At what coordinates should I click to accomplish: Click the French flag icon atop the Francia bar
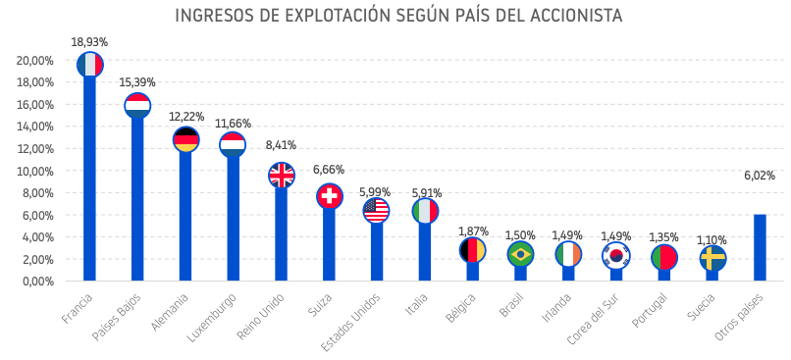pyautogui.click(x=90, y=65)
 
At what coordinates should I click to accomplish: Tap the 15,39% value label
pyautogui.click(x=137, y=82)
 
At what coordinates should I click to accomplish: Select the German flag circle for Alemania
pyautogui.click(x=185, y=139)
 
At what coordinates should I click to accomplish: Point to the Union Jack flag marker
pyautogui.click(x=282, y=176)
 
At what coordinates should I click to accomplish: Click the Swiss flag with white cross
pyautogui.click(x=330, y=196)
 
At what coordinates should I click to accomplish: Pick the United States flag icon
pyautogui.click(x=376, y=210)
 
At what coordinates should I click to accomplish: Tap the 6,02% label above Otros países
pyautogui.click(x=760, y=176)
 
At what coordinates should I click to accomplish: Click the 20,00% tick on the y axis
pyautogui.click(x=34, y=60)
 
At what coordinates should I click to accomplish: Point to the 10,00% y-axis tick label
pyautogui.click(x=34, y=171)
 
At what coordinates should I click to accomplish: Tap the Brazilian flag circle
pyautogui.click(x=520, y=254)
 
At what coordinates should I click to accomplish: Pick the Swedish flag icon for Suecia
pyautogui.click(x=713, y=258)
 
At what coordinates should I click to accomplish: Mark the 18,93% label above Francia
pyautogui.click(x=89, y=42)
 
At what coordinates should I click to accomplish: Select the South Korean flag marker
pyautogui.click(x=616, y=255)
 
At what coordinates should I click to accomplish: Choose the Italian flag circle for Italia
pyautogui.click(x=425, y=211)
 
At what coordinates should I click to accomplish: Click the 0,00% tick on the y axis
pyautogui.click(x=36, y=282)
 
